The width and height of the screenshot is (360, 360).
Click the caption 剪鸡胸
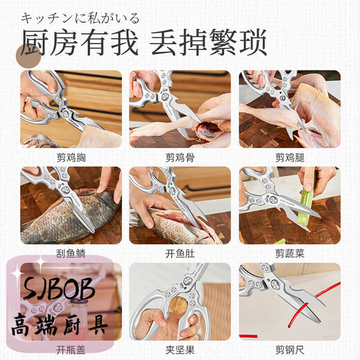71,157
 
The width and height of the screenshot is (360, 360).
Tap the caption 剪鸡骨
180,157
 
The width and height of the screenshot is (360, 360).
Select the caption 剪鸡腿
289,157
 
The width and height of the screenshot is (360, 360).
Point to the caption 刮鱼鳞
71,253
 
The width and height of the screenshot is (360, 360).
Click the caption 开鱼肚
180,253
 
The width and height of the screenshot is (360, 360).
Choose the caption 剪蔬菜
289,253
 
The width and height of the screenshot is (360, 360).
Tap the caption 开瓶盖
71,350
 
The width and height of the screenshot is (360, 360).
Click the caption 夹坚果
180,350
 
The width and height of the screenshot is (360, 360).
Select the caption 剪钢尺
289,350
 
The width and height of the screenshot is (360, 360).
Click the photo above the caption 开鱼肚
180,206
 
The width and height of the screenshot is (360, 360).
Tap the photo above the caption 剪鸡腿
289,109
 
